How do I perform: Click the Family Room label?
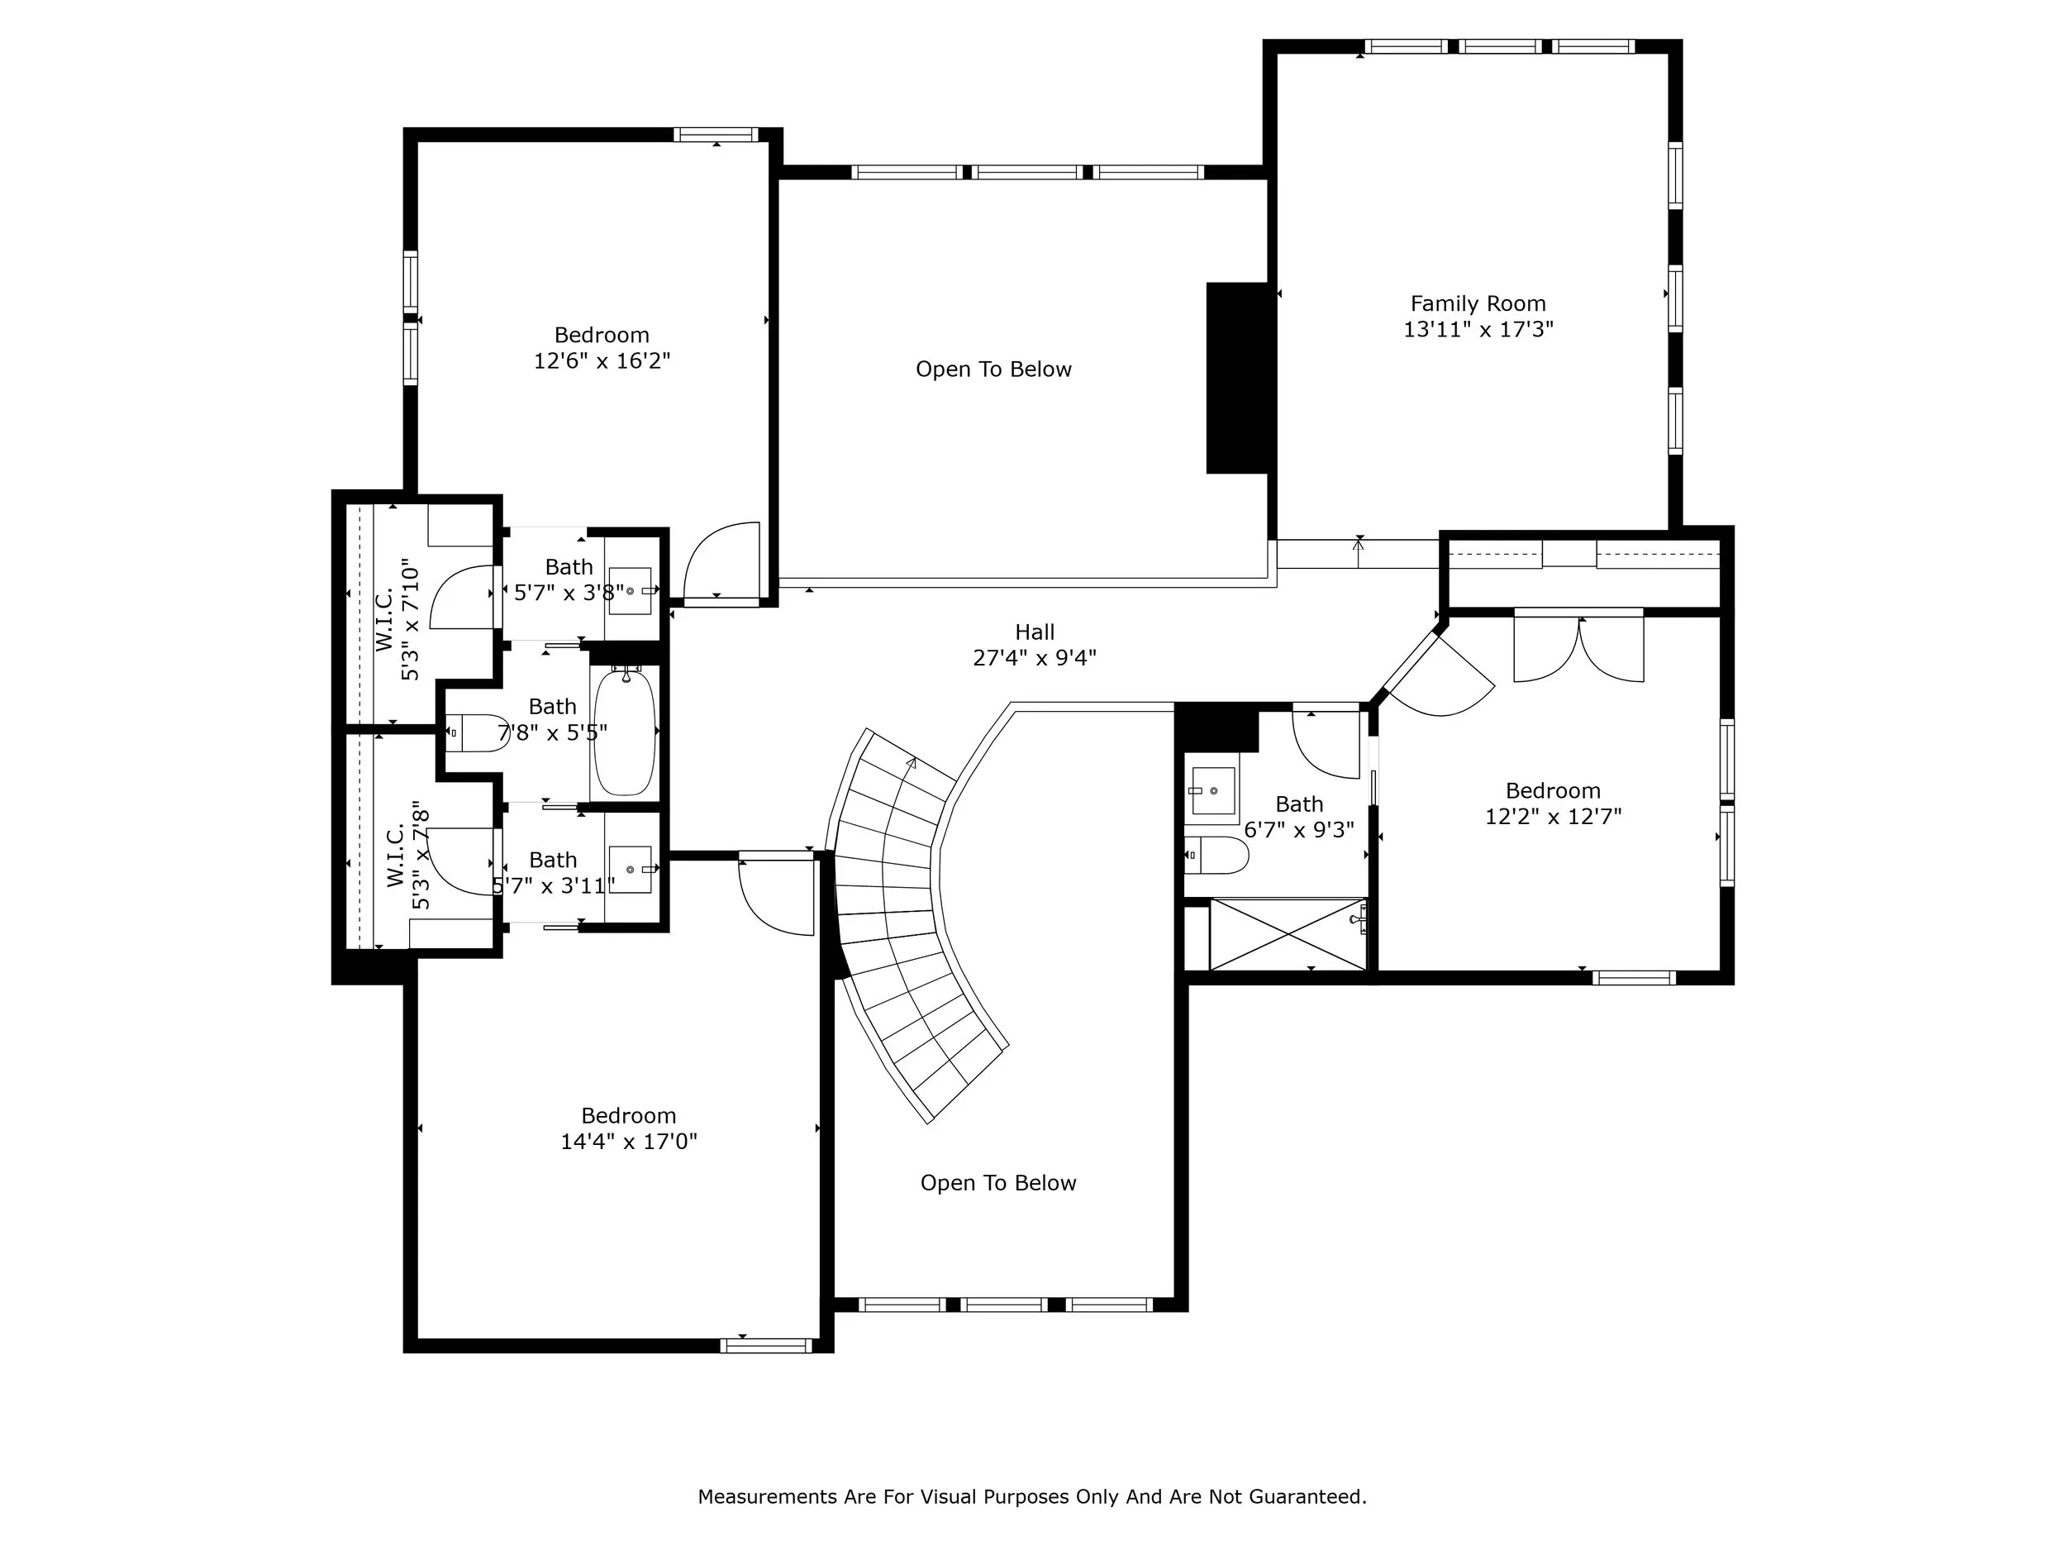click(1478, 303)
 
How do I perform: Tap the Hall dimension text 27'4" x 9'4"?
click(1034, 658)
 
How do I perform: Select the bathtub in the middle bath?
click(625, 731)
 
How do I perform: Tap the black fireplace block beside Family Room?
click(1239, 378)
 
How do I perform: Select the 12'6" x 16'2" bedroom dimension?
click(602, 360)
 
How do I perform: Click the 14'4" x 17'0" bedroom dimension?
click(629, 1141)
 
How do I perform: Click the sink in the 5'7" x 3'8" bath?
click(631, 590)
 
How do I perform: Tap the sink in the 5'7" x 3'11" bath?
click(631, 869)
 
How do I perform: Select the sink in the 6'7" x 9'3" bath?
click(1212, 790)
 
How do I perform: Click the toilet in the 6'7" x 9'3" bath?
click(1217, 855)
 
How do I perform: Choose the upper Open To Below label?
click(993, 369)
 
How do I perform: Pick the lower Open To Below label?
click(997, 1183)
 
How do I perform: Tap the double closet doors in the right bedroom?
click(1578, 646)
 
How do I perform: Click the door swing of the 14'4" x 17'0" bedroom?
click(776, 893)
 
